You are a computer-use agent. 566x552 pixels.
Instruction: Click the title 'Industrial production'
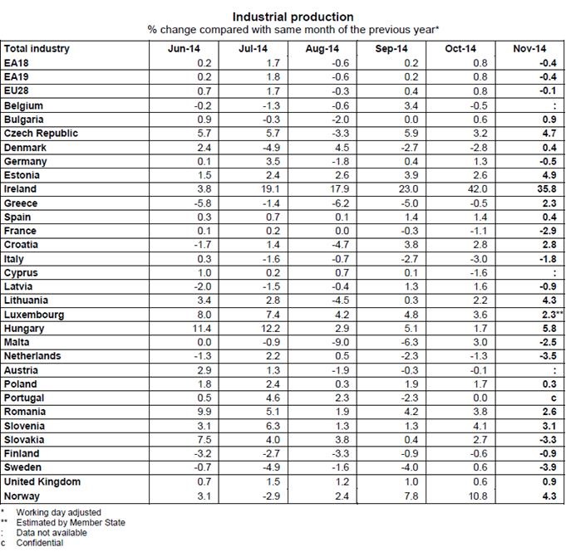(x=293, y=17)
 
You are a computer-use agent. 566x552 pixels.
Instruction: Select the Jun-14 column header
(x=182, y=49)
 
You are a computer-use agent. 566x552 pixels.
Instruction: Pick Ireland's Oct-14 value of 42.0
(x=478, y=189)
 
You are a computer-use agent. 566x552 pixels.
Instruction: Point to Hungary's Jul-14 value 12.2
(x=268, y=329)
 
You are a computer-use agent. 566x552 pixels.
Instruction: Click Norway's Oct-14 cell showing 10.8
(x=478, y=496)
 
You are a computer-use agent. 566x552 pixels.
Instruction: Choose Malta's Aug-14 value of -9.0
(x=338, y=343)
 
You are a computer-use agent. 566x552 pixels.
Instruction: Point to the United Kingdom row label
(x=42, y=482)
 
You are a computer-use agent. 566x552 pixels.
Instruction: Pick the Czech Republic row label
(x=41, y=134)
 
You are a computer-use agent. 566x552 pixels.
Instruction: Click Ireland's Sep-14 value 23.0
(x=408, y=189)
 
